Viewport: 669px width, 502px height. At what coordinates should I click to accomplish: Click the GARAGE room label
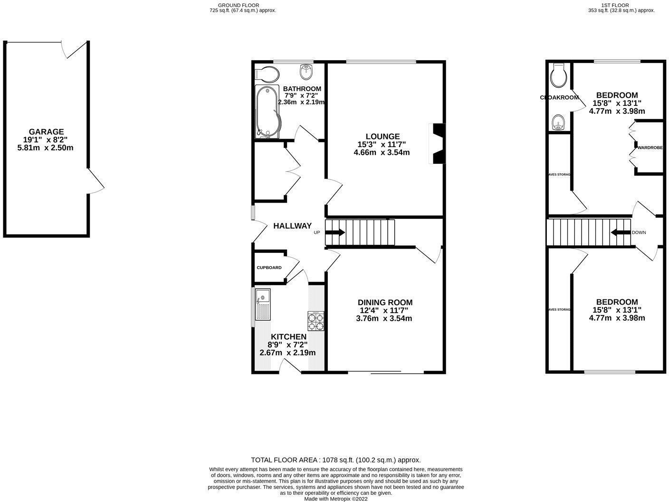[46, 131]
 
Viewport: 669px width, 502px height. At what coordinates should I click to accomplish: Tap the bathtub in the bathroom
[268, 112]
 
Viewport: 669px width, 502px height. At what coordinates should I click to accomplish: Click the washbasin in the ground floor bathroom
[306, 73]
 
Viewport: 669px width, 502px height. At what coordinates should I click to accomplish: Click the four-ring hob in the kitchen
[316, 320]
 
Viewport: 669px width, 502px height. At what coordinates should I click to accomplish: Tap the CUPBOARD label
[269, 268]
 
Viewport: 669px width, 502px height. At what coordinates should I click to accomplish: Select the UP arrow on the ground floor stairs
[335, 232]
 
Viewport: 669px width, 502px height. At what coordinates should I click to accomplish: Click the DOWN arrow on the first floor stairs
[620, 232]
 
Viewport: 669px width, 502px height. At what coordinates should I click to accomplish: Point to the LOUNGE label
[382, 137]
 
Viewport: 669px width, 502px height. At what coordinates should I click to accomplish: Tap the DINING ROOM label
[385, 302]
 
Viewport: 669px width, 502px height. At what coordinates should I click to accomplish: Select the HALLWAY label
[292, 226]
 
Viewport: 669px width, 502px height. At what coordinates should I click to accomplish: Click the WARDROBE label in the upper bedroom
[650, 148]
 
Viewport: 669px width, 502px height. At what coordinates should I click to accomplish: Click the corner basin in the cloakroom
[557, 122]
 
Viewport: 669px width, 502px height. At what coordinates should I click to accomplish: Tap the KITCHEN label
[288, 336]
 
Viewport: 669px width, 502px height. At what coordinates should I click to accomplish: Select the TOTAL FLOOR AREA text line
[335, 460]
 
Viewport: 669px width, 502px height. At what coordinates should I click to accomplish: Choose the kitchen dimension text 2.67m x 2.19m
[287, 353]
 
